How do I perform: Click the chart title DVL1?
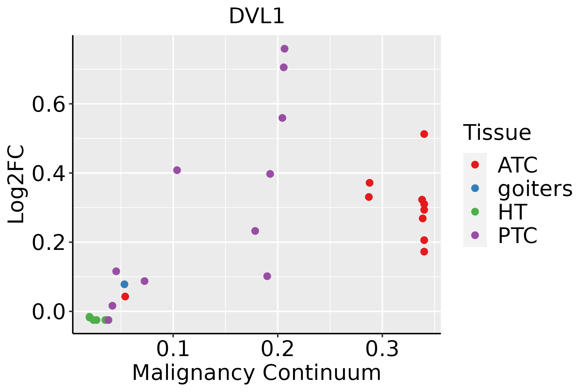click(x=256, y=16)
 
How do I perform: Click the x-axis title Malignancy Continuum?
click(x=256, y=373)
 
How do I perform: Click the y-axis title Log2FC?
click(x=16, y=184)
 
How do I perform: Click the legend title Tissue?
click(x=497, y=133)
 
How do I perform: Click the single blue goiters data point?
click(x=124, y=284)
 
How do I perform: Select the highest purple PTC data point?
click(x=285, y=49)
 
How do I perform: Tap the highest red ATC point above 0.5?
click(x=424, y=134)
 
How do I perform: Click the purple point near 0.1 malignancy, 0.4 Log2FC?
click(x=177, y=170)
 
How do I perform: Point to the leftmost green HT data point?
click(x=90, y=317)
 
